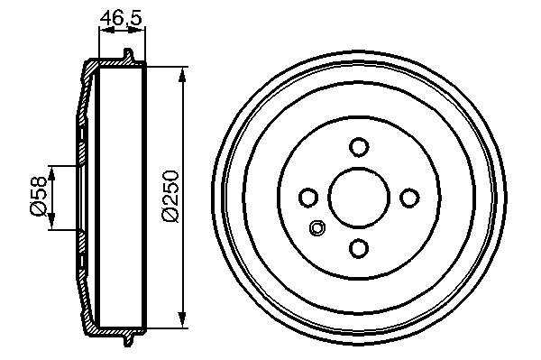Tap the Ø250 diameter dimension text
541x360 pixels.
pyautogui.click(x=171, y=196)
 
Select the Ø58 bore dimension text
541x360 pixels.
pyautogui.click(x=38, y=196)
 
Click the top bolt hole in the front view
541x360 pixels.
pyautogui.click(x=359, y=147)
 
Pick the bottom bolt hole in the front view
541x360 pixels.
pyautogui.click(x=359, y=248)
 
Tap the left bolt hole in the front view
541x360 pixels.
pyautogui.click(x=308, y=198)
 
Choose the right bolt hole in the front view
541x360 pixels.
pyautogui.click(x=409, y=198)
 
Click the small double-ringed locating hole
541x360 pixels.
pyautogui.click(x=317, y=227)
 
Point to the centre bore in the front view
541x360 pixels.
pyautogui.click(x=359, y=198)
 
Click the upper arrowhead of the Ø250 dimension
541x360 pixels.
pyautogui.click(x=182, y=74)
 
